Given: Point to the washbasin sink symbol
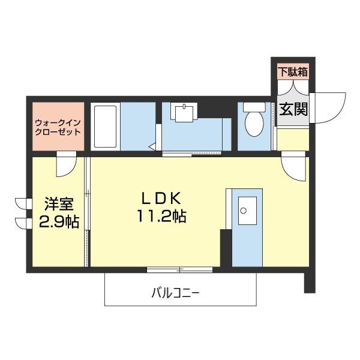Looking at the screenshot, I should [x=197, y=113].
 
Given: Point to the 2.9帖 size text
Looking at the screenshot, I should [x=59, y=222].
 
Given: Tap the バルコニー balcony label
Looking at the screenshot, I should [x=175, y=294].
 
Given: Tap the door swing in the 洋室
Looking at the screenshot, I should [x=65, y=165].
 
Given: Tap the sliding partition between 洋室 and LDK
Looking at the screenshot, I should [x=88, y=210].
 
